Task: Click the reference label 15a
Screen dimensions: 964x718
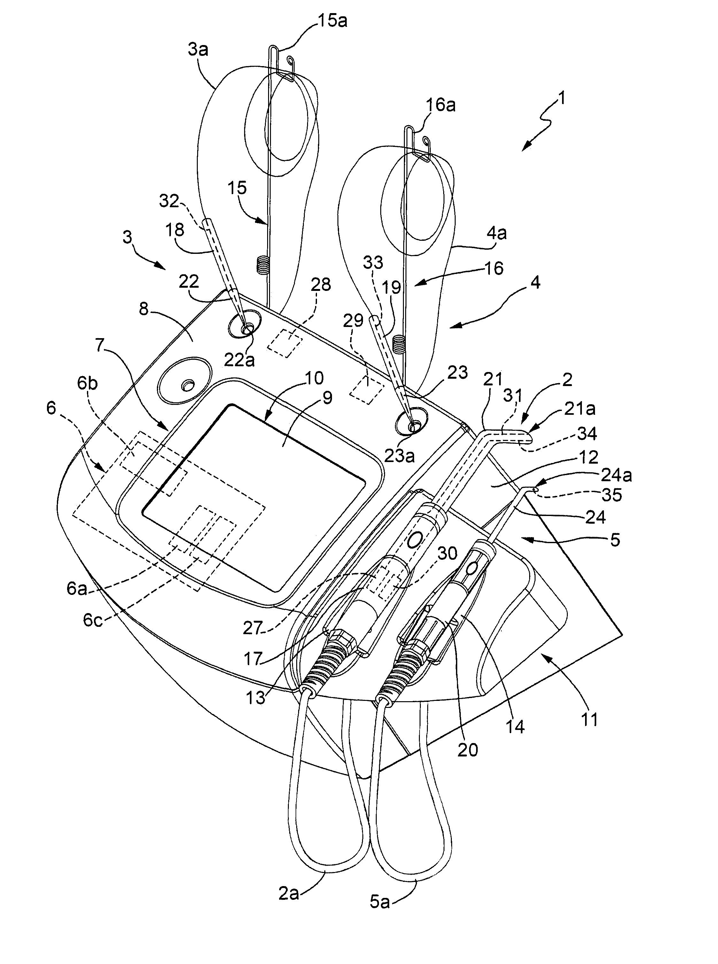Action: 333,20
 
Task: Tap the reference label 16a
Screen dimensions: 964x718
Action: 441,105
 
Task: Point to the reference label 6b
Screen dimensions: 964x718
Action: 87,384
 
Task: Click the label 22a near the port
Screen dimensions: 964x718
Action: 239,360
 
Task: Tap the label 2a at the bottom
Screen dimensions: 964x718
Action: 289,892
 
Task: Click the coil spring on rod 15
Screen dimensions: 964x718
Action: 261,265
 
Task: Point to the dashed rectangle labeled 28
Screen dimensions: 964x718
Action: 285,343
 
